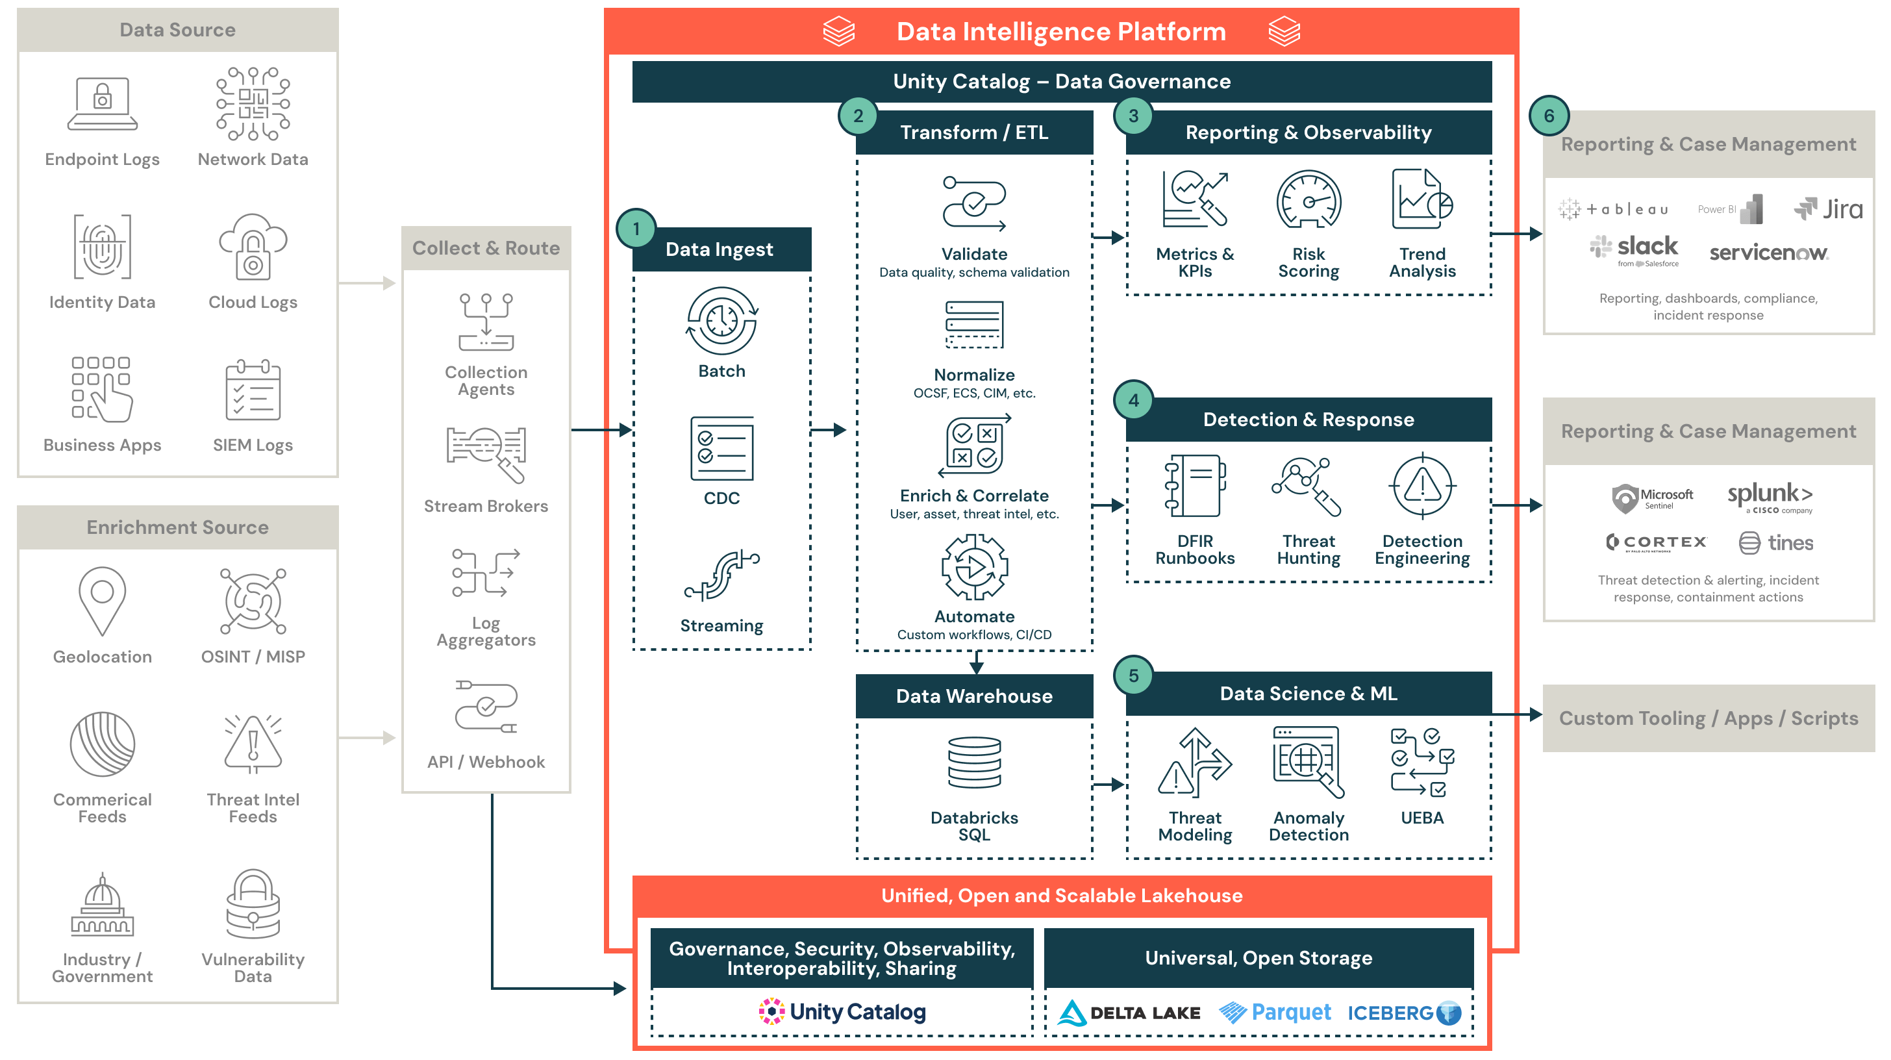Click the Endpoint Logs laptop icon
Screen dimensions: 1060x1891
pos(102,104)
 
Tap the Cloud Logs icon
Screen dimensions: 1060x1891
pos(253,247)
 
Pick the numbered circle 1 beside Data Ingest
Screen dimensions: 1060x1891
pos(636,229)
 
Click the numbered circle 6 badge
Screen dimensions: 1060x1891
pos(1548,116)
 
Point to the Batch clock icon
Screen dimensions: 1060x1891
pos(721,322)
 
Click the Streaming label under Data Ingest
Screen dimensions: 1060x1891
pos(721,625)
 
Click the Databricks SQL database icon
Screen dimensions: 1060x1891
pos(974,763)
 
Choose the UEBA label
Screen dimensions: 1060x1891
pos(1422,818)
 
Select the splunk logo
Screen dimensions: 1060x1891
pos(1770,496)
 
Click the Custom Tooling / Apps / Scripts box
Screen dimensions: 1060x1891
pos(1709,718)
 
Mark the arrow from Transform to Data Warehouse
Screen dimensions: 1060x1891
pos(975,663)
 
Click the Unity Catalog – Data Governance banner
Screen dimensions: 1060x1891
pos(1062,81)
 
